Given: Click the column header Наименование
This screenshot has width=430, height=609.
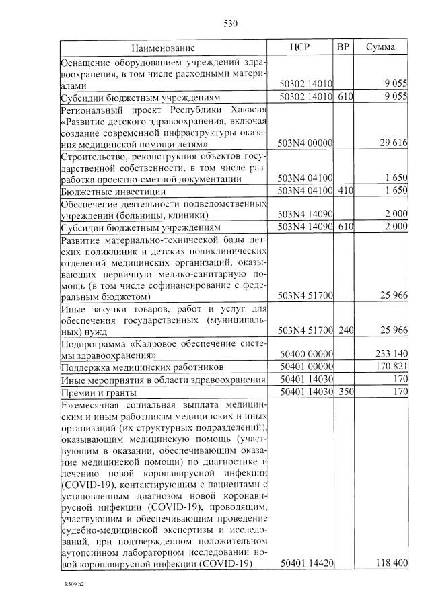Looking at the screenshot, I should coord(163,48).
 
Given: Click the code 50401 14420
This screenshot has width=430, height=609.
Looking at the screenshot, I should coord(306,564).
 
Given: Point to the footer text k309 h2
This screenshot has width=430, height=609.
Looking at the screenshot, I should coord(71,584).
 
